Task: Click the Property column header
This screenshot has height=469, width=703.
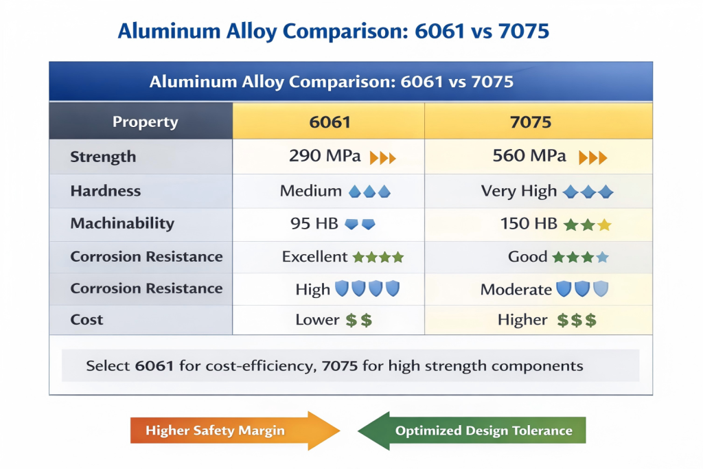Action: [x=145, y=122]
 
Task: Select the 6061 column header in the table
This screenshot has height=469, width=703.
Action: [x=330, y=122]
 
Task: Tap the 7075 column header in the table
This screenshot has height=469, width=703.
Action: [x=531, y=122]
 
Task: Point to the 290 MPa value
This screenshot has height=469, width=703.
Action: [x=325, y=157]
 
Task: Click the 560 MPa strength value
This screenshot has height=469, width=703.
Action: [x=529, y=157]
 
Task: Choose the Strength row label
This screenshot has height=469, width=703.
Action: [x=103, y=157]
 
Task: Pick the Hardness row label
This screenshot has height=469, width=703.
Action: [x=105, y=191]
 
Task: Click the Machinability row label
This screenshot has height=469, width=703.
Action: [x=122, y=224]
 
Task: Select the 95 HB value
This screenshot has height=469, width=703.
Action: [x=315, y=224]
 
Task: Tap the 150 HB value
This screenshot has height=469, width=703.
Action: [x=525, y=224]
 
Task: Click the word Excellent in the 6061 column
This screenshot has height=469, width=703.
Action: [x=314, y=257]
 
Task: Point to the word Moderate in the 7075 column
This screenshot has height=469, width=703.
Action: [x=516, y=290]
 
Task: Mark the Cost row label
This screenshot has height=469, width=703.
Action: [x=87, y=320]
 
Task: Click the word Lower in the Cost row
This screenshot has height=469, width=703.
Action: [x=317, y=320]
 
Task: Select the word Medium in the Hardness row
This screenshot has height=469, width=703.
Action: [x=310, y=192]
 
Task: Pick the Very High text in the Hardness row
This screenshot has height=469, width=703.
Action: [x=518, y=192]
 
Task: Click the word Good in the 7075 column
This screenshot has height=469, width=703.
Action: [x=527, y=257]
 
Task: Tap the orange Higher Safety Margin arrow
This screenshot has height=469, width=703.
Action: [x=233, y=431]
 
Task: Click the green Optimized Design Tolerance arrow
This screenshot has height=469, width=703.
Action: [x=474, y=431]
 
